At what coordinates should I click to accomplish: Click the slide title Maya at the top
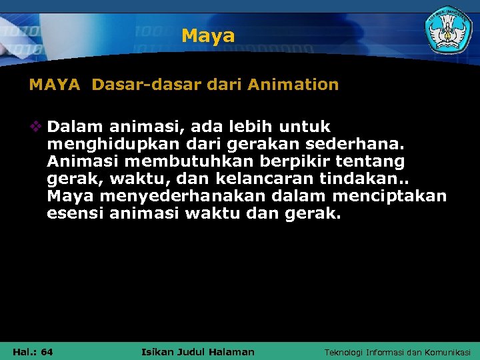pyautogui.click(x=208, y=35)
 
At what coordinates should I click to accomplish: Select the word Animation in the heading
pyautogui.click(x=293, y=85)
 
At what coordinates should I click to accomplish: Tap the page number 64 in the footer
pyautogui.click(x=47, y=352)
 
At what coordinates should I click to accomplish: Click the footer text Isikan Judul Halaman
pyautogui.click(x=199, y=352)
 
